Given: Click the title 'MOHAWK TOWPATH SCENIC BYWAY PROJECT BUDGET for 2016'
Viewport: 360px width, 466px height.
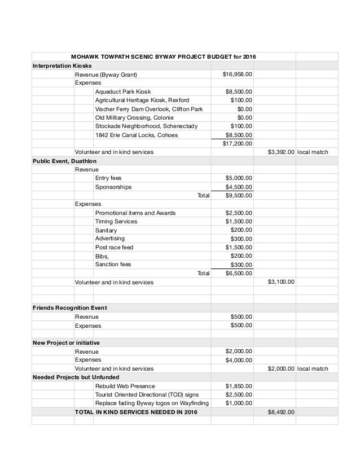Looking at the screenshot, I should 163,57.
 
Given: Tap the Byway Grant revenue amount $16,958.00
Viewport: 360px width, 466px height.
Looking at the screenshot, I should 238,74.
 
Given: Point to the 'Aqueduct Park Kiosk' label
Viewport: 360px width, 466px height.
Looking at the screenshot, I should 123,91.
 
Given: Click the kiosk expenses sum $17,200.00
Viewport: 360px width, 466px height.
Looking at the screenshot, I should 238,143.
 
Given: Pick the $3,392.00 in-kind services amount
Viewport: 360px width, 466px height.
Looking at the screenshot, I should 280,152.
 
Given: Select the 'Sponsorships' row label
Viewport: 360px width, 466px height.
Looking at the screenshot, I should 113,187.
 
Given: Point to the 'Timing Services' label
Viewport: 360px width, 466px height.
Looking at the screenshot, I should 116,222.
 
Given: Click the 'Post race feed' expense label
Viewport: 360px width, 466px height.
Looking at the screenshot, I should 115,248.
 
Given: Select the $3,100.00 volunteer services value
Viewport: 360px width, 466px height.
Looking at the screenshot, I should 280,282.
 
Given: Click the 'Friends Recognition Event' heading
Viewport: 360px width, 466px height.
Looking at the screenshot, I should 70,307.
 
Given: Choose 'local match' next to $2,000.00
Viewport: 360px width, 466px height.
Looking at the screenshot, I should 313,368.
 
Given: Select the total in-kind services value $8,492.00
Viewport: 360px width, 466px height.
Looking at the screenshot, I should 280,412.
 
